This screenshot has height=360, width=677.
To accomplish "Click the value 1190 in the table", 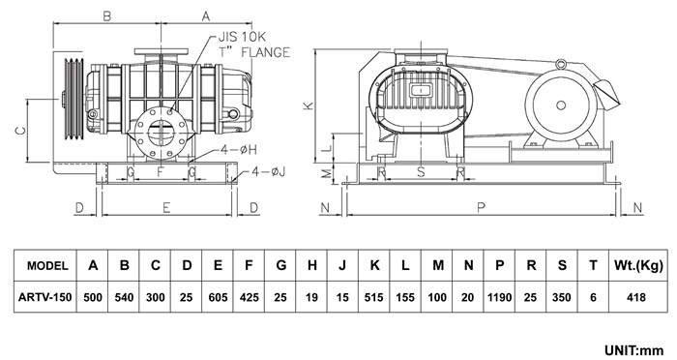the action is pyautogui.click(x=500, y=297).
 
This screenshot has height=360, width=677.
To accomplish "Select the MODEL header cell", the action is pyautogui.click(x=47, y=265).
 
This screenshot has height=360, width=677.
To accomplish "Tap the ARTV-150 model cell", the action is pyautogui.click(x=44, y=297).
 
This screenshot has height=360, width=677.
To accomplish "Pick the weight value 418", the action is pyautogui.click(x=636, y=297).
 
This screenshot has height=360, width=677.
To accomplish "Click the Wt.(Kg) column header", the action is pyautogui.click(x=638, y=265).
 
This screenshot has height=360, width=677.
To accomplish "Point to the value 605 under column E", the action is pyautogui.click(x=218, y=297).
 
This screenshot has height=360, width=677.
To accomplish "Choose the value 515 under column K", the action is pyautogui.click(x=374, y=297).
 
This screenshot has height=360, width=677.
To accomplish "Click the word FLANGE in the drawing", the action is pyautogui.click(x=266, y=52).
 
